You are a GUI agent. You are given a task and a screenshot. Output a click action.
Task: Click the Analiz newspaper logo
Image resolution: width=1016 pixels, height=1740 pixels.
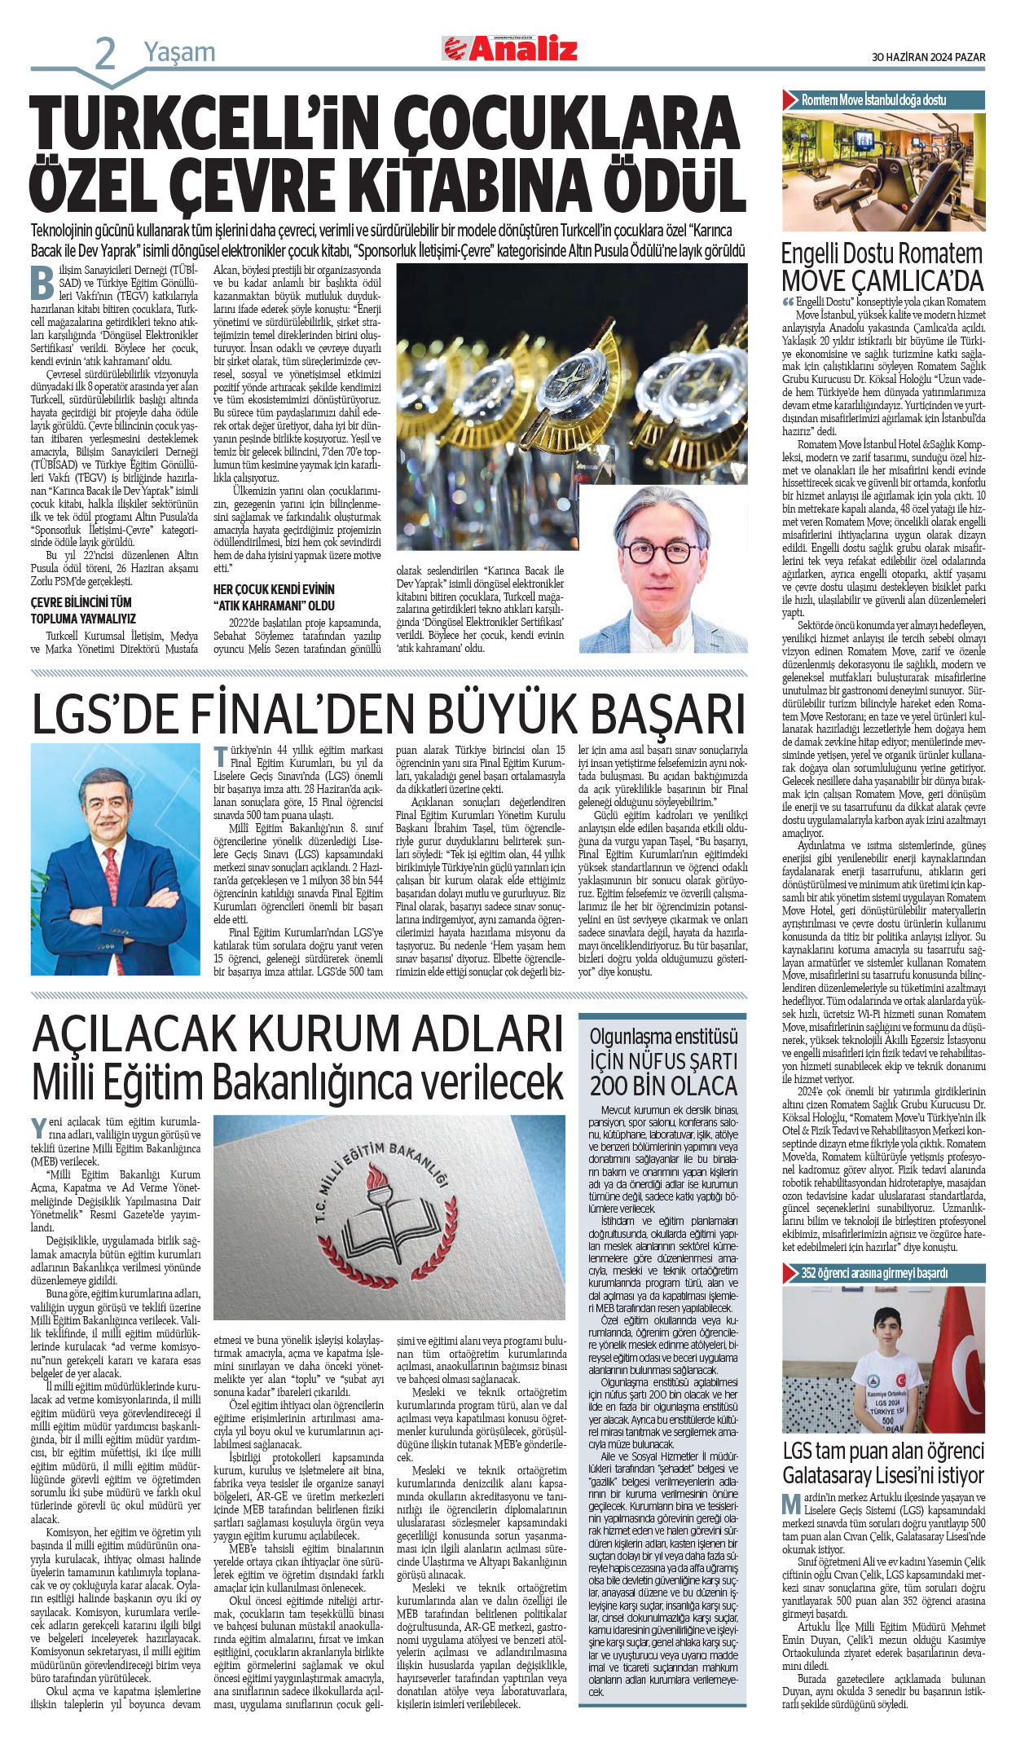pyautogui.click(x=510, y=50)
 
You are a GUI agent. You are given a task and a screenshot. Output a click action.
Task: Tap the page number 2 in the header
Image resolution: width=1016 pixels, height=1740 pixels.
pyautogui.click(x=105, y=54)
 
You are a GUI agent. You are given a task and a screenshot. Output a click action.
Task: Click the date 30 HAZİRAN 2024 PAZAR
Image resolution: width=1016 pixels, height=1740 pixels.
pyautogui.click(x=928, y=57)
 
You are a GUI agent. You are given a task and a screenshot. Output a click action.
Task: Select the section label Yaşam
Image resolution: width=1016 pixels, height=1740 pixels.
pyautogui.click(x=179, y=52)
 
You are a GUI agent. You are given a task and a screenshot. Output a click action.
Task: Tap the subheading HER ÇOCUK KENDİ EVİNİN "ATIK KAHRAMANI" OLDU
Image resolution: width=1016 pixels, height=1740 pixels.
pyautogui.click(x=273, y=597)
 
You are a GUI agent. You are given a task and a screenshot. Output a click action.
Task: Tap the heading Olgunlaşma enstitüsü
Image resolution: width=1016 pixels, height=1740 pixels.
pyautogui.click(x=663, y=1036)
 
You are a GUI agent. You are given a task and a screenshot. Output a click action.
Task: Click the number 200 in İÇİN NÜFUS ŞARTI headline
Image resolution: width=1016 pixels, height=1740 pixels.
pyautogui.click(x=611, y=1086)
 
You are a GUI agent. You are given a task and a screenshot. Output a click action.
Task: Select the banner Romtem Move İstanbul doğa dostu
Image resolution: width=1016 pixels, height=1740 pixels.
pyautogui.click(x=873, y=100)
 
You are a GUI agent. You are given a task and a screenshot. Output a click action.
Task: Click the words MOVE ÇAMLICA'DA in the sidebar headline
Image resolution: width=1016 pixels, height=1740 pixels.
pyautogui.click(x=882, y=281)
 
